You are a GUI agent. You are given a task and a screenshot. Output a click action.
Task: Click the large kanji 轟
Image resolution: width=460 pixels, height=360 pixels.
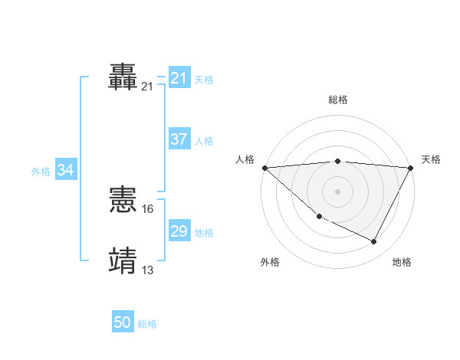tap(124, 77)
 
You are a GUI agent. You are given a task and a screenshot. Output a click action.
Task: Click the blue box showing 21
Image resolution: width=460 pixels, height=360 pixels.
tap(179, 78)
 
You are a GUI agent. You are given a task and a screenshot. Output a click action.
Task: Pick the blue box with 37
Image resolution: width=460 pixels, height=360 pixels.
tap(179, 139)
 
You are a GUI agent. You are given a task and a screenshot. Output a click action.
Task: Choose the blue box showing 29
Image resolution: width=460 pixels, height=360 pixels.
tap(179, 231)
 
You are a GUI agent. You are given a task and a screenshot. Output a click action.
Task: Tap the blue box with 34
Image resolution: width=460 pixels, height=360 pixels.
tap(66, 170)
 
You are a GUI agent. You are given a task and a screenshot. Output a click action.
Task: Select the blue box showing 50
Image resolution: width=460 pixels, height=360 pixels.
tap(123, 323)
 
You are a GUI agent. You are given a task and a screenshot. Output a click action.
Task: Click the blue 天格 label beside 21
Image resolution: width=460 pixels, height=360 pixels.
tap(204, 80)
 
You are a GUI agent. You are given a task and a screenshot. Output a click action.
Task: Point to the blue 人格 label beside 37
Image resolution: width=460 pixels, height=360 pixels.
tap(204, 141)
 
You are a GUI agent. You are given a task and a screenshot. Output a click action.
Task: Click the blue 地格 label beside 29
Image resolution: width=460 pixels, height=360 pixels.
tap(204, 233)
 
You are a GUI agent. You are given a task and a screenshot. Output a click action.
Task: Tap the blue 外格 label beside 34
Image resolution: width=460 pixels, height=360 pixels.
tap(41, 172)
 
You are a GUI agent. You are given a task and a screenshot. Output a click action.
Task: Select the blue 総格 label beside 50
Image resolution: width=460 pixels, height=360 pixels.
tap(147, 325)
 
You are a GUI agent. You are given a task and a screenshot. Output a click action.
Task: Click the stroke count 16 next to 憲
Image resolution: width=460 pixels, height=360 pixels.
tap(148, 208)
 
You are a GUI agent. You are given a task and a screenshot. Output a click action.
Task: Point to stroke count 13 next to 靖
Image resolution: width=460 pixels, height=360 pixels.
tap(148, 270)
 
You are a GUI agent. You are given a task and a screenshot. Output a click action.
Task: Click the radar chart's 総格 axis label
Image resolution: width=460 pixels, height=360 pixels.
tap(338, 100)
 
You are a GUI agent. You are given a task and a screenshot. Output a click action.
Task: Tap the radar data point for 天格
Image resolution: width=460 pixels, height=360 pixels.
tap(411, 168)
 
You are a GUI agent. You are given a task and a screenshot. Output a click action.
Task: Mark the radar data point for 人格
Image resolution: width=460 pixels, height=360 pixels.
tap(264, 168)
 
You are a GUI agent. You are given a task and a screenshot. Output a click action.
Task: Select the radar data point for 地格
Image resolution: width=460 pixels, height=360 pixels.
tap(374, 242)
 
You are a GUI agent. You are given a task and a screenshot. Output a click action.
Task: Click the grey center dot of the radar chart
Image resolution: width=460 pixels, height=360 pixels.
tap(337, 191)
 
